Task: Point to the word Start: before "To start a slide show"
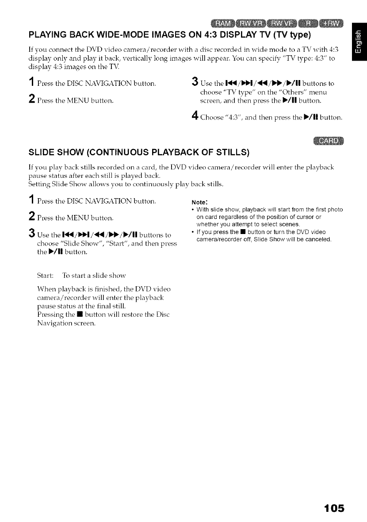(45, 271)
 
